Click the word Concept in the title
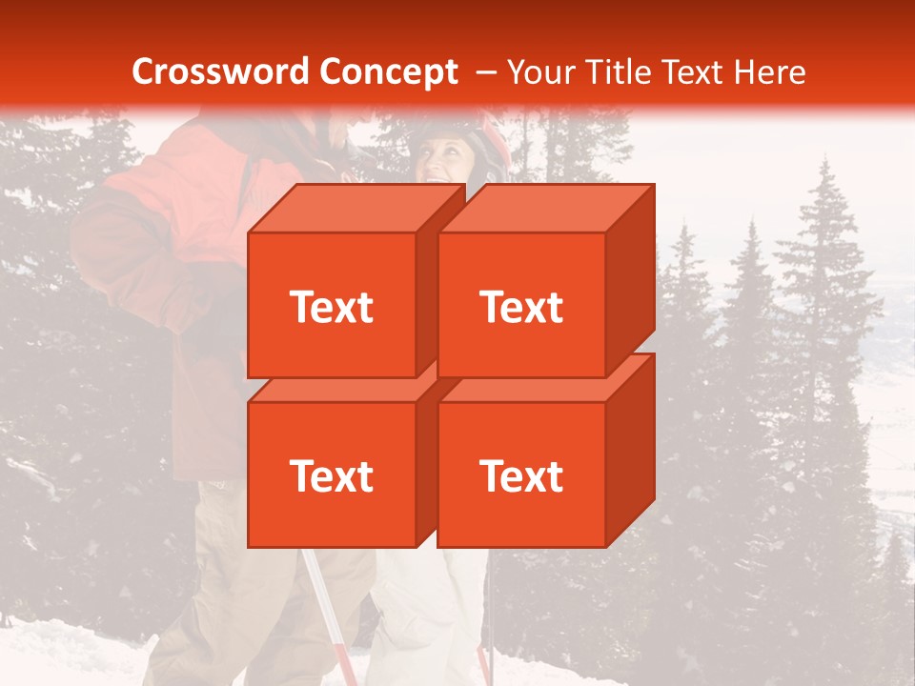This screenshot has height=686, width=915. (388, 72)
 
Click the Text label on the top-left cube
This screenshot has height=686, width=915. (331, 307)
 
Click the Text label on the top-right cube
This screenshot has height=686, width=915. (521, 307)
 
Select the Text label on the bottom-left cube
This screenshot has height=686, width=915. (331, 475)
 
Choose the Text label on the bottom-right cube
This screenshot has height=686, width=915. (521, 475)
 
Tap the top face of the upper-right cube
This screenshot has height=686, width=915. (545, 208)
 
